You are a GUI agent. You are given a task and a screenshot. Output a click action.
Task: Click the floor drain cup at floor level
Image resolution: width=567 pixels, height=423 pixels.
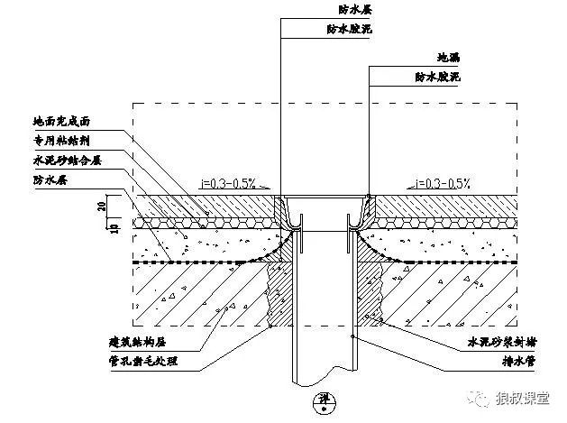(325, 207)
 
